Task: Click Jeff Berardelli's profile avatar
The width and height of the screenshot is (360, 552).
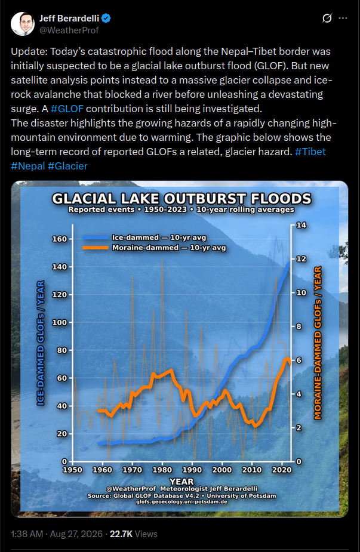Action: coord(23,24)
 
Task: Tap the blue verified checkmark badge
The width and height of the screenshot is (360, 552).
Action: coord(106,18)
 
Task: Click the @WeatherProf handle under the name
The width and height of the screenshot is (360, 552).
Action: coord(69,30)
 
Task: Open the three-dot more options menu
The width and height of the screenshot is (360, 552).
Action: coord(343,18)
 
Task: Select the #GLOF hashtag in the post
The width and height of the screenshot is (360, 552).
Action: coord(67,109)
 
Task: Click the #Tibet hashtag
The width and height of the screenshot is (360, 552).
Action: coord(310,152)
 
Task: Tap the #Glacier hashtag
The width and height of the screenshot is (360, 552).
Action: coord(67,166)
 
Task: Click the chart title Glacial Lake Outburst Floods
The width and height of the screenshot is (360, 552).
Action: coord(181,199)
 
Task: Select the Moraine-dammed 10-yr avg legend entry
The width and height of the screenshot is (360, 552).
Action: coord(154,248)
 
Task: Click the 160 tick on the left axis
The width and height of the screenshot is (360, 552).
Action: coord(59,239)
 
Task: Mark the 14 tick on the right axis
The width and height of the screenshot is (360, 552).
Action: coord(301,225)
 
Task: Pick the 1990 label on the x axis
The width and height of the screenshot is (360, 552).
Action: coord(192,470)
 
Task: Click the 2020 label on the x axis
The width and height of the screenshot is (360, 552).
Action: coord(282,470)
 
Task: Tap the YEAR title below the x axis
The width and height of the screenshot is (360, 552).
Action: coord(181,481)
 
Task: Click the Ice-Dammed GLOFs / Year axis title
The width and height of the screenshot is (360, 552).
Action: coord(41,343)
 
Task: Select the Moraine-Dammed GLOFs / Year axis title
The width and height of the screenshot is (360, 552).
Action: coord(318,343)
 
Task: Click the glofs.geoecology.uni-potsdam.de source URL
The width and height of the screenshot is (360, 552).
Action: coord(181,502)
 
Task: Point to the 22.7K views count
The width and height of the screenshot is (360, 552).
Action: coord(134,534)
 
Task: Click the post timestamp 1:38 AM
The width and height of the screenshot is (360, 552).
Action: coord(27,534)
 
